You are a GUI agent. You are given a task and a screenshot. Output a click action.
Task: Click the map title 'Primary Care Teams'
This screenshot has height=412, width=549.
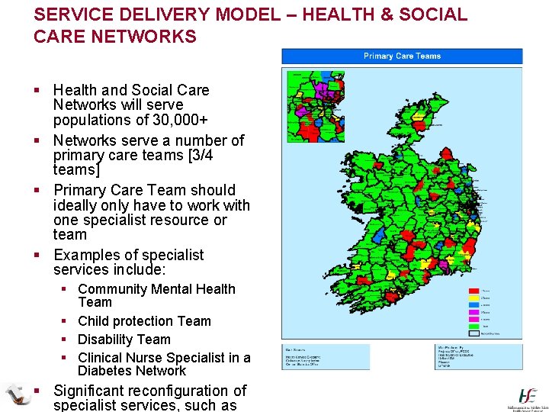402,56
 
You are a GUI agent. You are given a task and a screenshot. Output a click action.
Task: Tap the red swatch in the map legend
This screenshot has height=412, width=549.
474,291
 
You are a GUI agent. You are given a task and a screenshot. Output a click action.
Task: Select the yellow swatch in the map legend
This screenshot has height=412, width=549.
474,298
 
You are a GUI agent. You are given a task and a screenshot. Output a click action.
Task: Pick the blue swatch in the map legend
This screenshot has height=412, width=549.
474,305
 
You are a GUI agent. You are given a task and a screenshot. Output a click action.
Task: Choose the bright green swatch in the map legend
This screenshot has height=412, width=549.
474,327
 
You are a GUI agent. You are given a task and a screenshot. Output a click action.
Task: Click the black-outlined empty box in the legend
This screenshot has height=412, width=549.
474,333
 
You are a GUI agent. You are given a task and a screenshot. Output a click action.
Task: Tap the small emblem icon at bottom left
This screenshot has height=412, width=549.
17,394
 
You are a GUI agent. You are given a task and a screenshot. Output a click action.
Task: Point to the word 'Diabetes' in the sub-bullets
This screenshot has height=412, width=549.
104,371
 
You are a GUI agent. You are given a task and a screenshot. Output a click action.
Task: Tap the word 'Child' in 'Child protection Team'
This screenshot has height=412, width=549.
94,321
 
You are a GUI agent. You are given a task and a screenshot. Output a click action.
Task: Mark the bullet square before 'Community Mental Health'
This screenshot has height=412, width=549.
67,289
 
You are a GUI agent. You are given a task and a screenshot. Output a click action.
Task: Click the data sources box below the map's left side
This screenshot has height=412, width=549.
326,357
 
